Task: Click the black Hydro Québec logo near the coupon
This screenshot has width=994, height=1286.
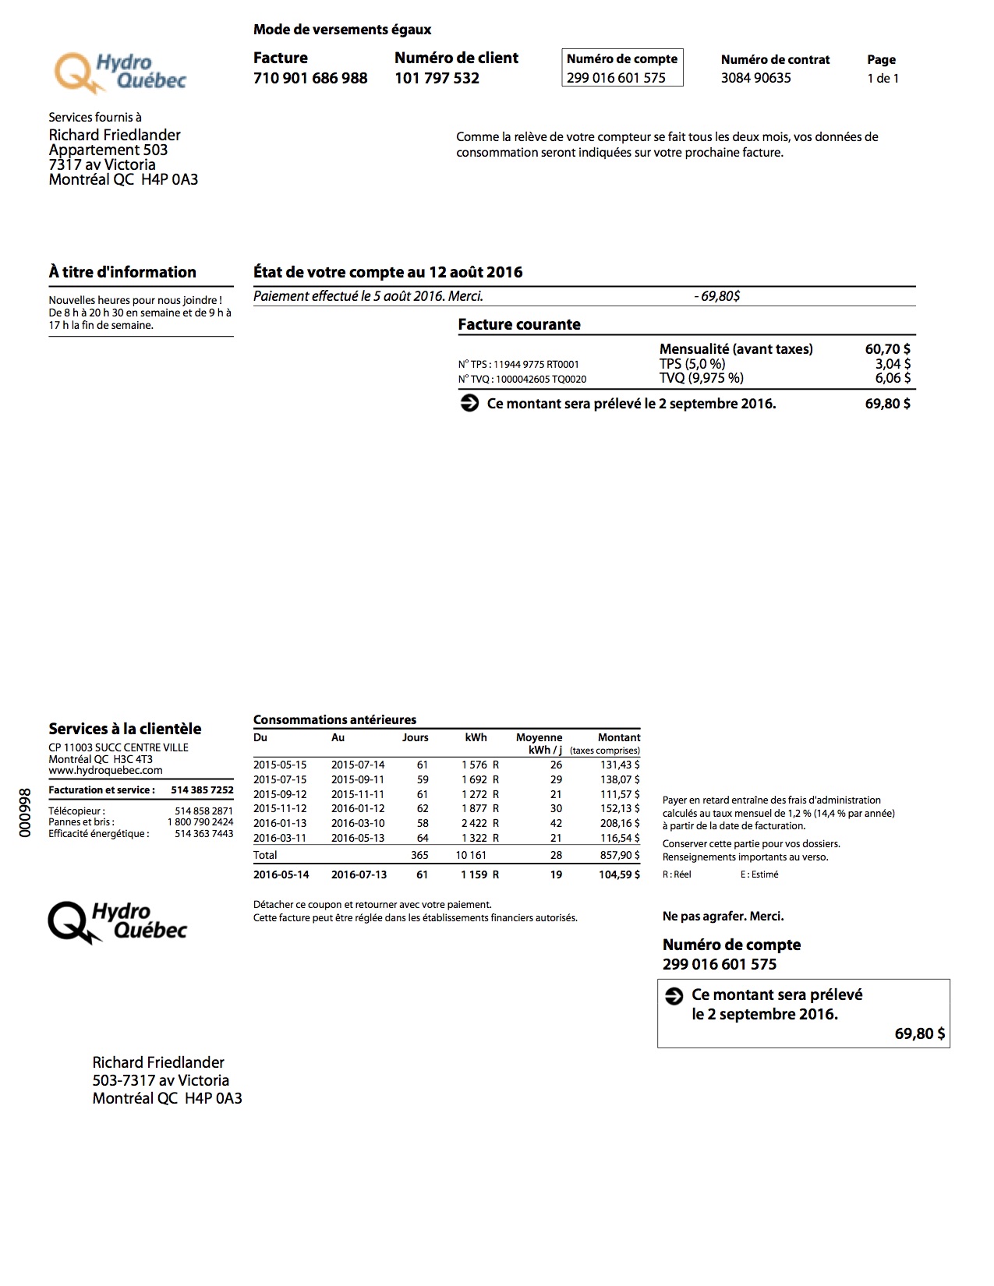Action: click(x=117, y=922)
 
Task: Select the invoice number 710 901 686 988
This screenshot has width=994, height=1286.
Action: click(x=310, y=78)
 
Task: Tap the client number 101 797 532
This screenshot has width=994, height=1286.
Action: click(x=437, y=78)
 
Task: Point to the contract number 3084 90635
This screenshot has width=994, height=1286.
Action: click(x=755, y=78)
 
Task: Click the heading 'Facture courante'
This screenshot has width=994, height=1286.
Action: click(x=519, y=324)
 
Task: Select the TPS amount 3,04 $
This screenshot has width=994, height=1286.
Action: click(x=892, y=364)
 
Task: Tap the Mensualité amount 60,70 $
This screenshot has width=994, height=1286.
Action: click(x=887, y=349)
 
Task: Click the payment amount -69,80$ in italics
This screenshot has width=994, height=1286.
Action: click(x=716, y=296)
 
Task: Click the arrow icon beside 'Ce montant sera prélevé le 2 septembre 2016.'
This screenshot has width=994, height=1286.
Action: click(x=469, y=404)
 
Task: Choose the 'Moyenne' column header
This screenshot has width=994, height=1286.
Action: click(x=539, y=737)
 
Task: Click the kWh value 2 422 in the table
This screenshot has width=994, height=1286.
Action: click(x=474, y=823)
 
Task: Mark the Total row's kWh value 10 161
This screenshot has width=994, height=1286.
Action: click(x=471, y=855)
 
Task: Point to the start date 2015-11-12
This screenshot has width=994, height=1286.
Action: click(x=280, y=808)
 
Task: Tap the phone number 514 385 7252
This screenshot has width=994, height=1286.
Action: click(x=202, y=790)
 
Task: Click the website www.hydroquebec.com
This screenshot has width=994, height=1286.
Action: click(x=105, y=770)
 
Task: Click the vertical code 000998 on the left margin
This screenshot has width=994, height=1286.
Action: click(x=25, y=812)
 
